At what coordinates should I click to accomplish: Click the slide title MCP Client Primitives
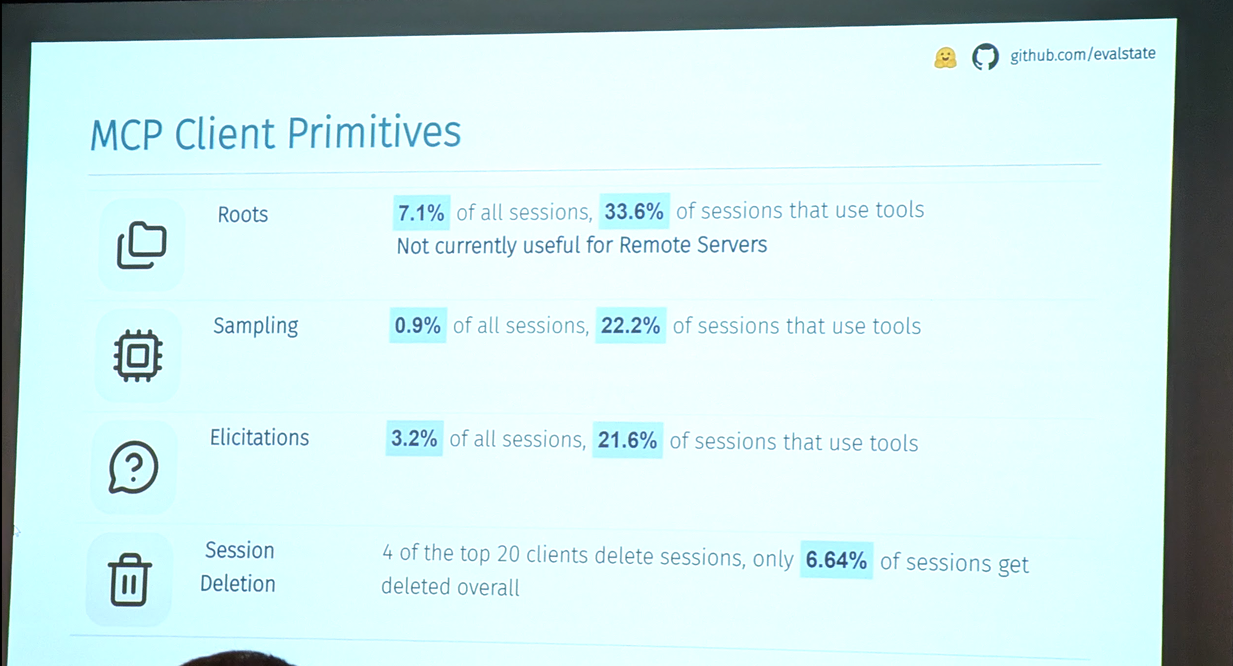coord(276,133)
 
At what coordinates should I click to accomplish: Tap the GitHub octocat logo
coord(985,57)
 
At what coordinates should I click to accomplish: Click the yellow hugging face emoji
coord(945,58)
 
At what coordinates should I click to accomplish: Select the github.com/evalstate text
coord(1083,54)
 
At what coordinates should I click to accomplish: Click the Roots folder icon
coord(142,245)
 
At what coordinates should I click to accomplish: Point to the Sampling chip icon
coord(138,356)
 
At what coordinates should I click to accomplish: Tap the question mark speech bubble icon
coord(133,467)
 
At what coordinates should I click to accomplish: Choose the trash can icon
coord(129,580)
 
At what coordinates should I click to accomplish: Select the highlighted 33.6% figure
coord(634,212)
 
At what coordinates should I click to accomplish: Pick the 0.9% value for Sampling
coord(418,325)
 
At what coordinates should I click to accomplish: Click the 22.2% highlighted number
coord(631,325)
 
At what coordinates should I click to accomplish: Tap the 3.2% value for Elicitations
coord(414,438)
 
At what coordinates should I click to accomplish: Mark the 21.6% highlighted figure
coord(628,440)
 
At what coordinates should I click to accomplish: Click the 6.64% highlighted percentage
coord(836,560)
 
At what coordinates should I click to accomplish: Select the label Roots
coord(243,214)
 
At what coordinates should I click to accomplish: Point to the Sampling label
coord(256,326)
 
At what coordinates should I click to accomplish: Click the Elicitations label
coord(260,437)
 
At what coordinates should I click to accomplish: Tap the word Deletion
coord(238,584)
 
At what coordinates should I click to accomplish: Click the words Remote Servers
coord(693,244)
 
